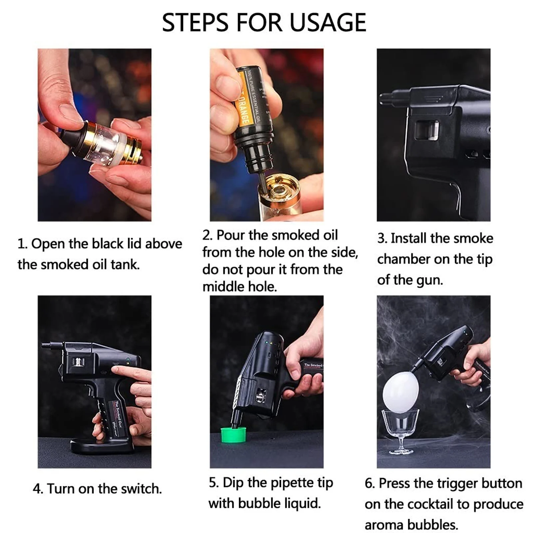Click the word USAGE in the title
pyautogui.click(x=328, y=23)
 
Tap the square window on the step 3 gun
pyautogui.click(x=427, y=130)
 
